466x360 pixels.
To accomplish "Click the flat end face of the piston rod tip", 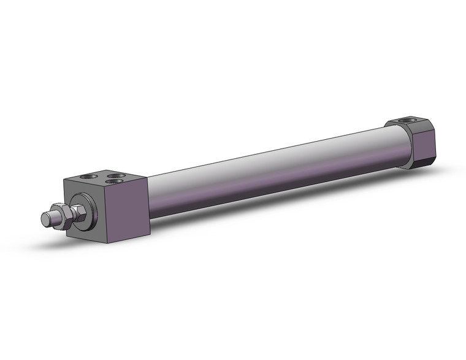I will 44,218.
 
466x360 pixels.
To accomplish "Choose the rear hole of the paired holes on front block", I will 116,175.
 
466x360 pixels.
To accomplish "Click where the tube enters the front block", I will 149,196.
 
